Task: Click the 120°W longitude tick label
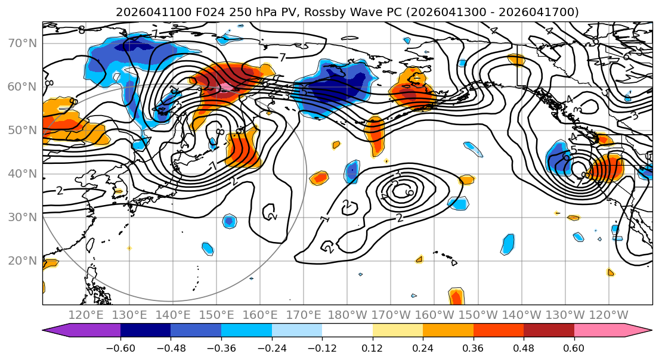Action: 609,315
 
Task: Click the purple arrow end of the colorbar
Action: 56,331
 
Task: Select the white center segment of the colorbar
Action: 347,331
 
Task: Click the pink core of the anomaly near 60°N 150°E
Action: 225,87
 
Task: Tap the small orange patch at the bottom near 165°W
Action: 456,296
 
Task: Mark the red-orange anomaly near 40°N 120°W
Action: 605,168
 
